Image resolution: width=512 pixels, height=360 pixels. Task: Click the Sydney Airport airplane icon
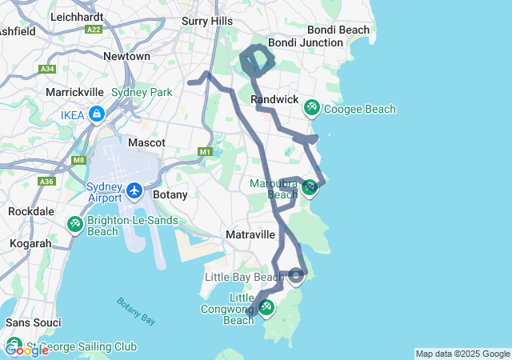pos(134,192)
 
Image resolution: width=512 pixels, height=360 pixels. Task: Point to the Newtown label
pos(126,57)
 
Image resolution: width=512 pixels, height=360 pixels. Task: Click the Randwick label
pos(274,99)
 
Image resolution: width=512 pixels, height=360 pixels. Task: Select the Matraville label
pos(250,234)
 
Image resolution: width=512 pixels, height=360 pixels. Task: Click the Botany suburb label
pos(169,194)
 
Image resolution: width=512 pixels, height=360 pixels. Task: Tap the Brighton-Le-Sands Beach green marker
pos(74,224)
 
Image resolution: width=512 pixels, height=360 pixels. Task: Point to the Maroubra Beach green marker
pos(310,188)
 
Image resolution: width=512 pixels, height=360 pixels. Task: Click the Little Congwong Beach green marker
pos(266,307)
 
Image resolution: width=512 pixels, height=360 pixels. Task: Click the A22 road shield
pos(94,29)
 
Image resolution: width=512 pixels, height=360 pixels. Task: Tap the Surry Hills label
pos(206,21)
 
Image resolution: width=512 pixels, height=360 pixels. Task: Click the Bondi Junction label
pos(294,42)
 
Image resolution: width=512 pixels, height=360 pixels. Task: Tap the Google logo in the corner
pos(26,350)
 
